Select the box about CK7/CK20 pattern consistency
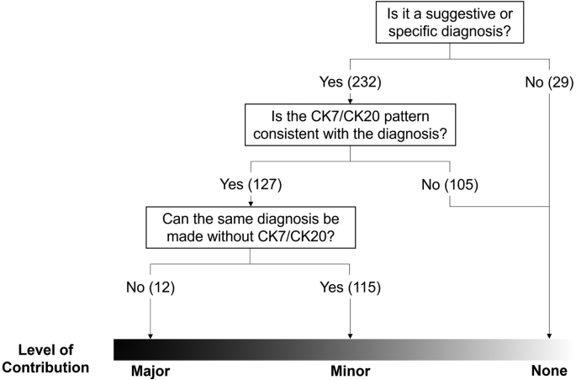[349, 123]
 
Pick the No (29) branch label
[549, 82]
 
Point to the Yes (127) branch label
[250, 182]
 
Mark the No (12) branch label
[150, 287]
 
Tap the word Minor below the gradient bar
[349, 369]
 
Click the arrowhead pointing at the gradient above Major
[150, 335]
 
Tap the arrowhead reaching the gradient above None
[549, 335]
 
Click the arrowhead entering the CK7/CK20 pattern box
[349, 100]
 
